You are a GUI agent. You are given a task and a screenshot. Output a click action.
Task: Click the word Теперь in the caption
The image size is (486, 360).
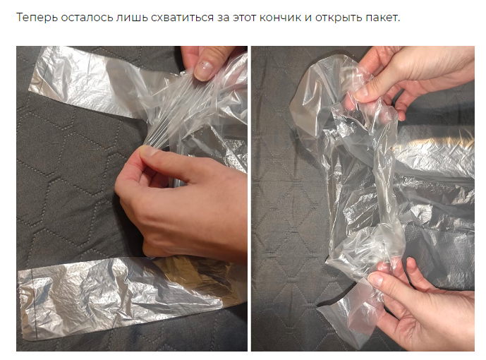click(37, 18)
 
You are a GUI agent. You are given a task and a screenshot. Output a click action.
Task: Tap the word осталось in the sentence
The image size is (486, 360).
click(87, 18)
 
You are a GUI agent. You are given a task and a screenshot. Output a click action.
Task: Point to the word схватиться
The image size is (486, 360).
click(182, 18)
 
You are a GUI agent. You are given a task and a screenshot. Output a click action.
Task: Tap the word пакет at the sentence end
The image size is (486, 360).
click(383, 18)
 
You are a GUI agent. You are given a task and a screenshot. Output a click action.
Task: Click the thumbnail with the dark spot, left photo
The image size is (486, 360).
click(204, 70)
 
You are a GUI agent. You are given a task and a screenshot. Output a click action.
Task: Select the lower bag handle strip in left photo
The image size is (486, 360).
click(124, 298)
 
